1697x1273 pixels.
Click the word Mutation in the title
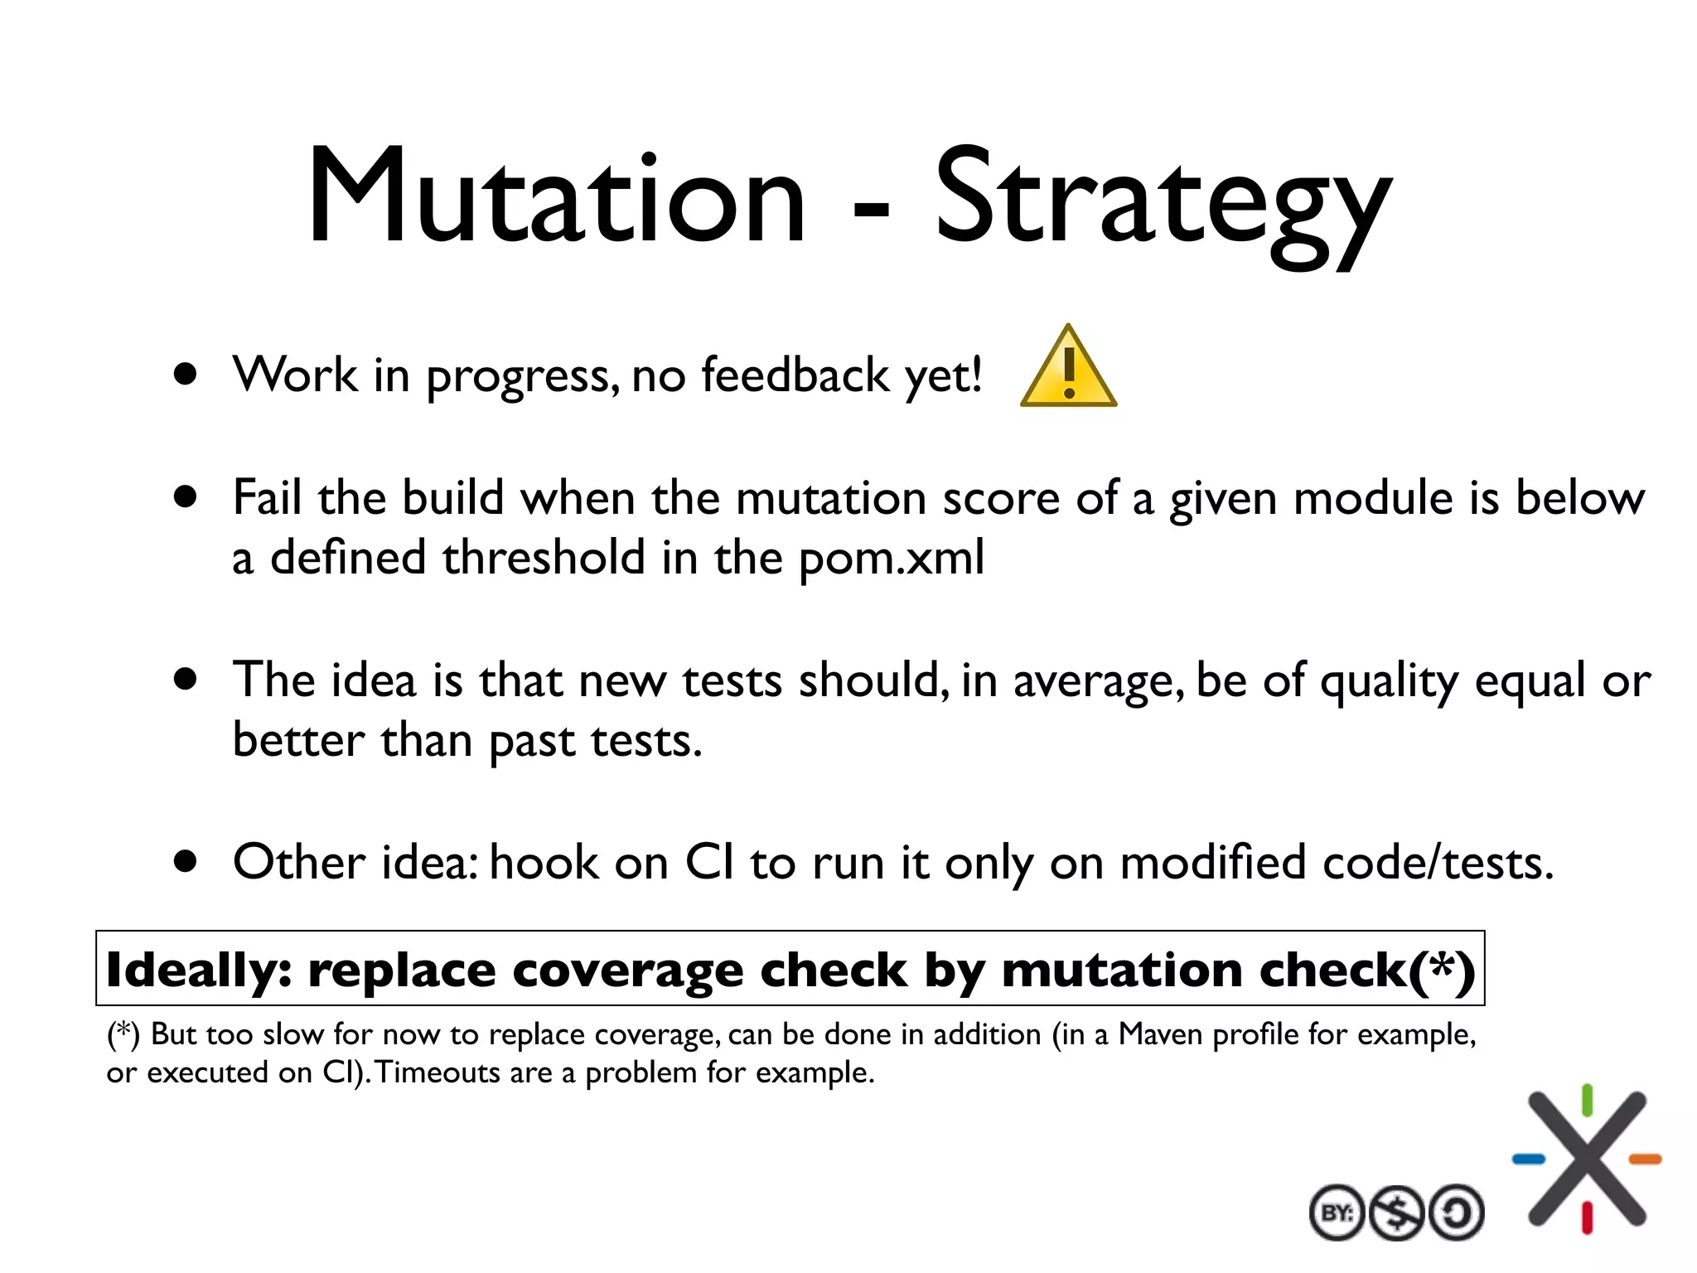556,197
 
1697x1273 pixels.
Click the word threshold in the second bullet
544,557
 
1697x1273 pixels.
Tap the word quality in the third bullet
1389,681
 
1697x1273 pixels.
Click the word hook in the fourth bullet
544,862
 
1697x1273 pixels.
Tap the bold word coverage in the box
627,970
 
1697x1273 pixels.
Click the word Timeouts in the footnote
438,1072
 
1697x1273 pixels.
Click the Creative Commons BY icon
1337,1213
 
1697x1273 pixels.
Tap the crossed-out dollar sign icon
1396,1213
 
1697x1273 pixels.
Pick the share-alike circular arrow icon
1456,1213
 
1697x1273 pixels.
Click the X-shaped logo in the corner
1587,1159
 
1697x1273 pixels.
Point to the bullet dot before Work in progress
186,375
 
